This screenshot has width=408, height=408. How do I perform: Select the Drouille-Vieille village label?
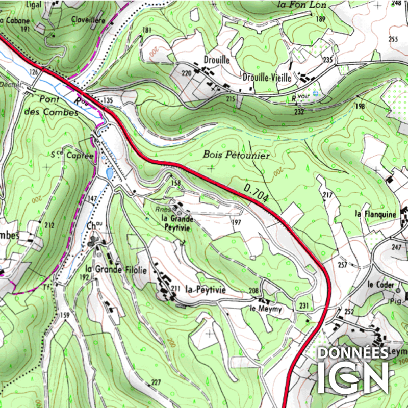[267, 78]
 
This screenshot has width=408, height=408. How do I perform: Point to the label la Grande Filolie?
[116, 269]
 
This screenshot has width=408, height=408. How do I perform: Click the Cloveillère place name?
[88, 20]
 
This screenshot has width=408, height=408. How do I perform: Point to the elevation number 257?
[342, 265]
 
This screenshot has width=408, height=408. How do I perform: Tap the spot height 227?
[156, 382]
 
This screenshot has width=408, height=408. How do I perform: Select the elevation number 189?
[320, 19]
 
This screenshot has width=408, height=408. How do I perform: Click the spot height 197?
[236, 223]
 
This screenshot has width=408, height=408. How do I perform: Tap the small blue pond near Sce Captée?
[109, 174]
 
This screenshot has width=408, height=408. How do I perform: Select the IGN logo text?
[352, 378]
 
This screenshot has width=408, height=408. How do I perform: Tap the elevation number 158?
[176, 183]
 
